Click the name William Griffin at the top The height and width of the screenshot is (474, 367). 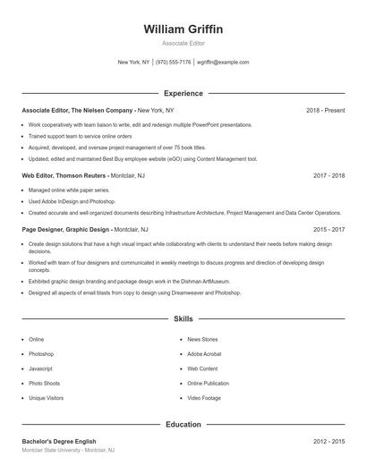183,29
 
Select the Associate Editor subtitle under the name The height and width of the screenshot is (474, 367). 183,43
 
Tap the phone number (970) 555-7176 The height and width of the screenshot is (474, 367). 173,63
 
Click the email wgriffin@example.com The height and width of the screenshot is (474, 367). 223,63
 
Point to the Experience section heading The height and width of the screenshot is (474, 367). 183,93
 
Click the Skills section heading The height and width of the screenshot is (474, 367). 183,318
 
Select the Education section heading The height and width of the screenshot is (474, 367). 183,424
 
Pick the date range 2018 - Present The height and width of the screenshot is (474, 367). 325,110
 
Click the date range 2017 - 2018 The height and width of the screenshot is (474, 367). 329,176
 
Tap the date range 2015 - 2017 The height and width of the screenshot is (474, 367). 329,229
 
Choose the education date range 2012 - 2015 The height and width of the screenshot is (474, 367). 329,441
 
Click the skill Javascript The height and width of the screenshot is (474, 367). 41,368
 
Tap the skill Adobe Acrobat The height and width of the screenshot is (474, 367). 204,354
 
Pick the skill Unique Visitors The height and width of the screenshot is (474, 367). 46,398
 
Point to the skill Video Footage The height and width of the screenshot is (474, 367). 204,398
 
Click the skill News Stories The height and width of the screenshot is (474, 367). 202,340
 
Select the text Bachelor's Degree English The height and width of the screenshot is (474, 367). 58,441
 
